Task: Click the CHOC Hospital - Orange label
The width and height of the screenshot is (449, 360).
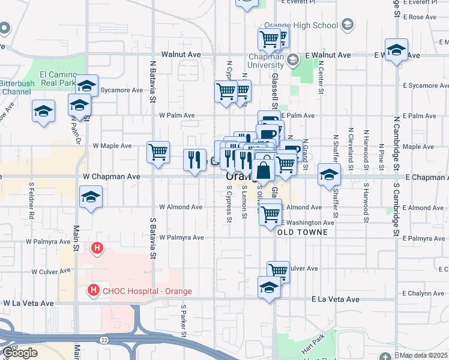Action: [x=146, y=291]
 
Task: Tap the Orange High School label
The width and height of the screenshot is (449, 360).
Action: [x=309, y=25]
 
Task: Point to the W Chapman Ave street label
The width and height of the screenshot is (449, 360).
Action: [x=112, y=177]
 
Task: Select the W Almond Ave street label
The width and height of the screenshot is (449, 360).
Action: [x=180, y=207]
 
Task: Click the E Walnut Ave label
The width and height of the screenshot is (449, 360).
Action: [x=327, y=55]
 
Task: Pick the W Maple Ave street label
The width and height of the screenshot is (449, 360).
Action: [x=112, y=146]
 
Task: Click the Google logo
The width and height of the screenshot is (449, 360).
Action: [x=20, y=353]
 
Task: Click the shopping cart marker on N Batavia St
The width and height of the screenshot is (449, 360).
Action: [x=158, y=152]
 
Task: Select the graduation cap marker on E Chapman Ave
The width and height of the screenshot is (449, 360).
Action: [x=329, y=175]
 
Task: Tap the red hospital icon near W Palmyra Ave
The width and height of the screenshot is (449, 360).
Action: [x=96, y=247]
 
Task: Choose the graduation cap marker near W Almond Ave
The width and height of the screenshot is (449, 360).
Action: [x=91, y=197]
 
